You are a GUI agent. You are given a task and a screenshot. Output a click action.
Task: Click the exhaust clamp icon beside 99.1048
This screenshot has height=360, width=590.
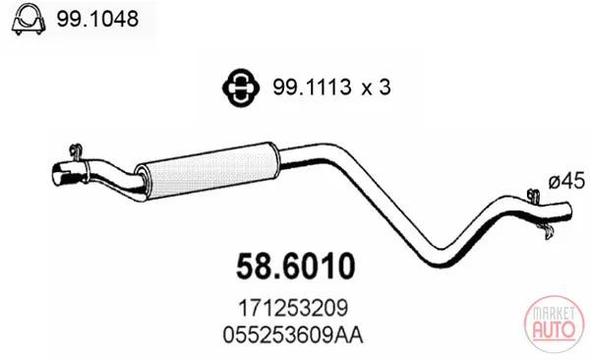pyautogui.click(x=29, y=19)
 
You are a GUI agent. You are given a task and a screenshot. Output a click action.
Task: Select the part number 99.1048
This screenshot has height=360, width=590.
pyautogui.click(x=97, y=19)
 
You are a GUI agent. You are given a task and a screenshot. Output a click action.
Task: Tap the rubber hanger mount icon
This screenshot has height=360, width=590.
pyautogui.click(x=241, y=88)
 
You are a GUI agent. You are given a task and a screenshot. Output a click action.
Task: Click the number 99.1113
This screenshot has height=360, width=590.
pyautogui.click(x=312, y=88)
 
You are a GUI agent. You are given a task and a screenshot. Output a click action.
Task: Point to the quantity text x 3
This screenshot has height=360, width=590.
pyautogui.click(x=376, y=88)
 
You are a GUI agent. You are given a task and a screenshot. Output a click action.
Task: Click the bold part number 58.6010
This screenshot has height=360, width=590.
pyautogui.click(x=295, y=266)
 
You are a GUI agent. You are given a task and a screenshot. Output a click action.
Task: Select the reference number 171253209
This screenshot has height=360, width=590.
pyautogui.click(x=293, y=309)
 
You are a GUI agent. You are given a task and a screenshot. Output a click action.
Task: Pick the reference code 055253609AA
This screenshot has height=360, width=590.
pyautogui.click(x=293, y=334)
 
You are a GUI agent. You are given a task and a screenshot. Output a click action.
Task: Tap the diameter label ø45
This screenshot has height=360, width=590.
pyautogui.click(x=566, y=182)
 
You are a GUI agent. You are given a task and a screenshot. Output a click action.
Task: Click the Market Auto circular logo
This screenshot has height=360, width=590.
pyautogui.click(x=554, y=325)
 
